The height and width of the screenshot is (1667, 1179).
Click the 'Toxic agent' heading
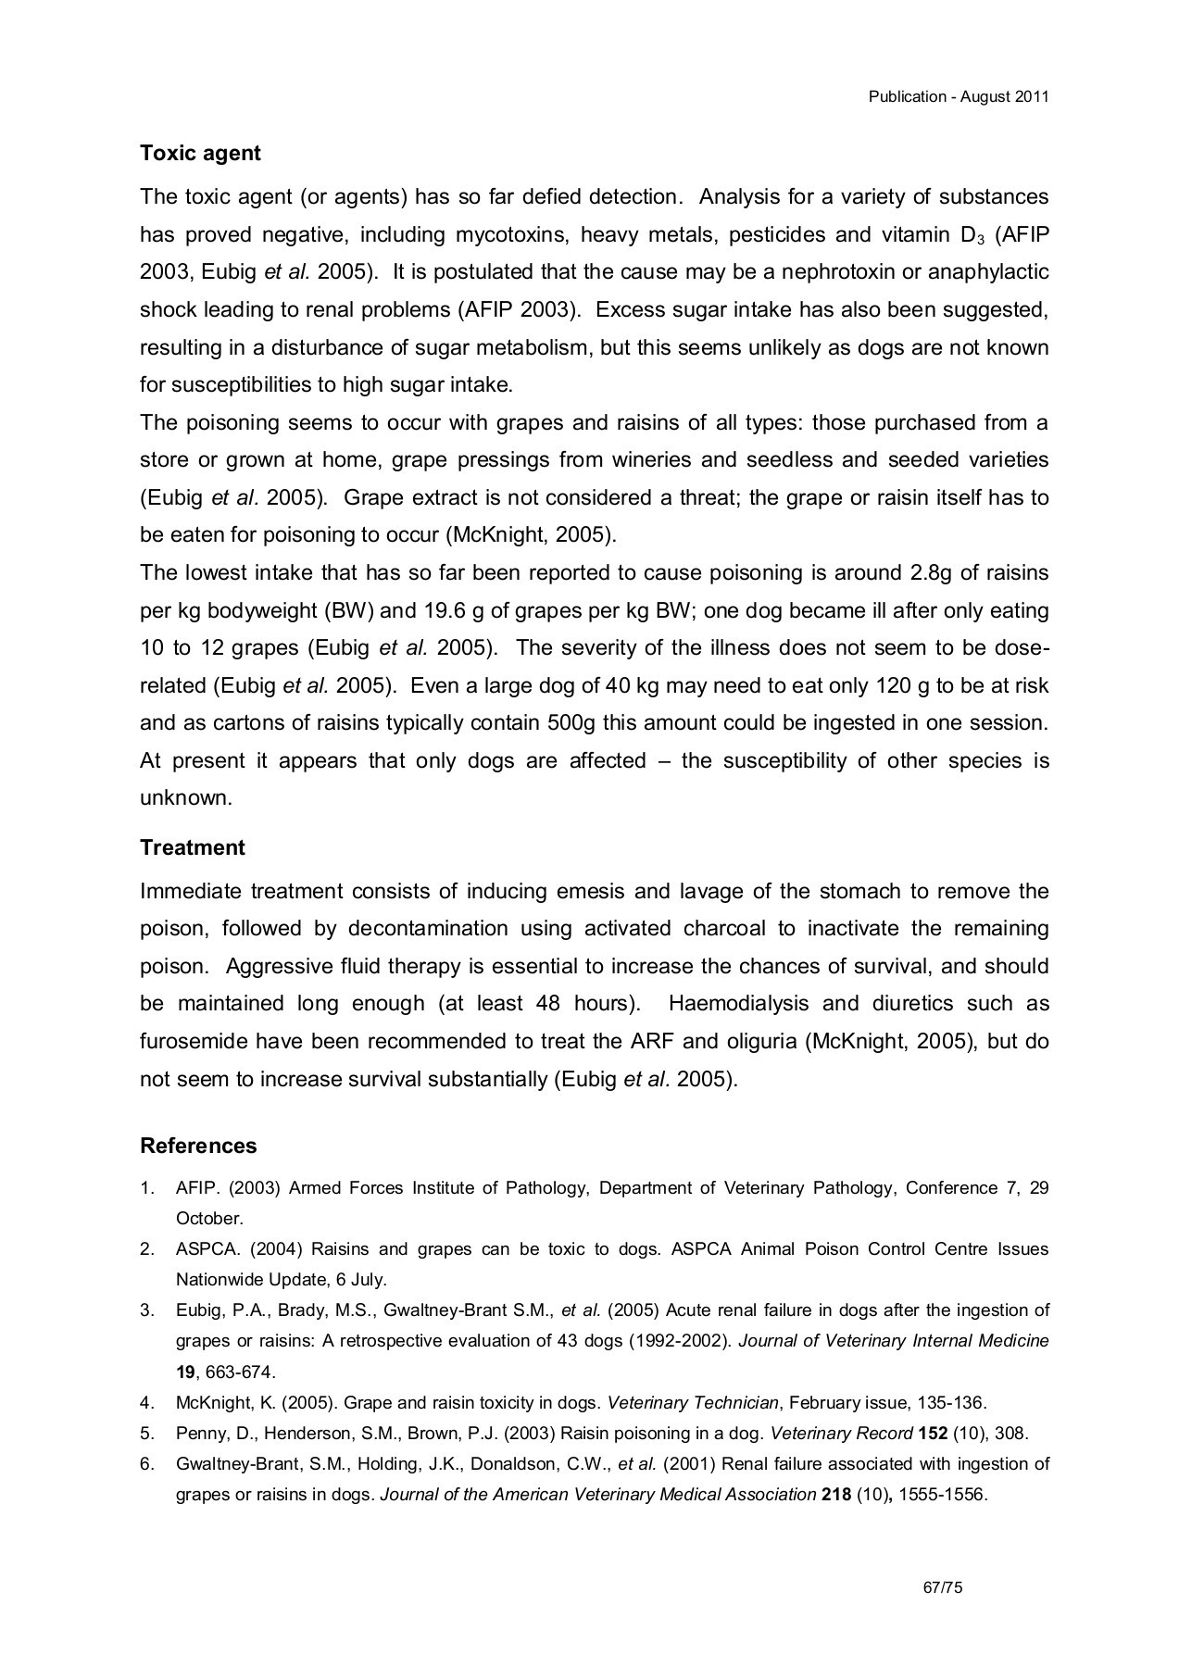(200, 153)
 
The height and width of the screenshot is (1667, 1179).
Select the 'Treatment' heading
(192, 847)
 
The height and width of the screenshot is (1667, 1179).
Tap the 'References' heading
(198, 1146)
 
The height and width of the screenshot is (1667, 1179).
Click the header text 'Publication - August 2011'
(958, 97)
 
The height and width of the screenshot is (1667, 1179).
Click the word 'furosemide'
(194, 1041)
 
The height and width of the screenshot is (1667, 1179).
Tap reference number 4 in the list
(146, 1402)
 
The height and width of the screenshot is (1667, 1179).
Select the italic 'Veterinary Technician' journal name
(692, 1402)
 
